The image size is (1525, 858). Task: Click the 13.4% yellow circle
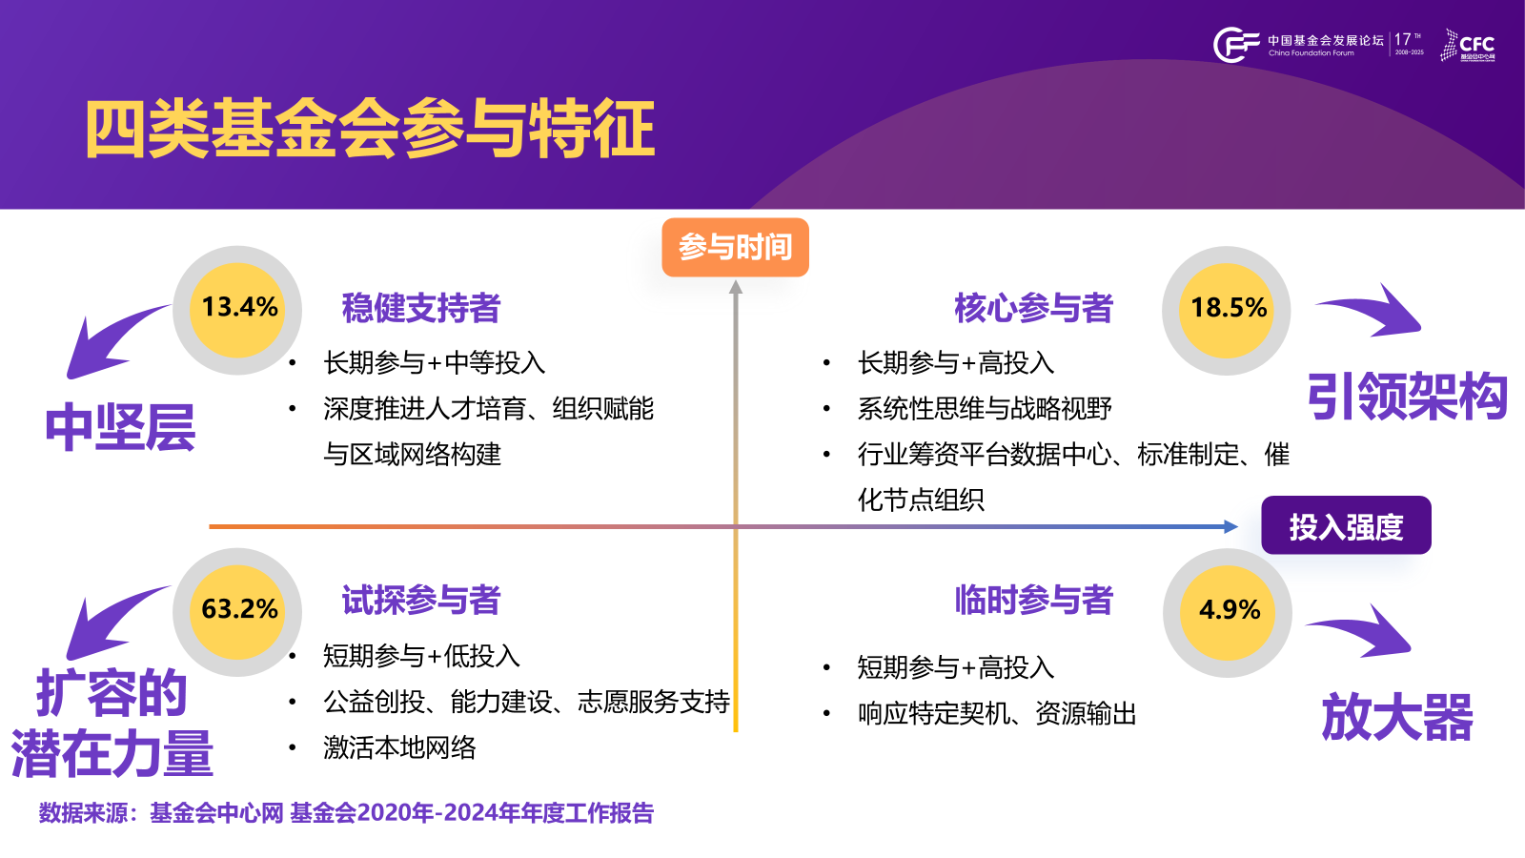point(238,309)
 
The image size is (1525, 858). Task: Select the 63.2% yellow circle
point(238,610)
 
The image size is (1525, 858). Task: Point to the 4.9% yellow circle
point(1228,611)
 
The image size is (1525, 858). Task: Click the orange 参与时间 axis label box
point(735,248)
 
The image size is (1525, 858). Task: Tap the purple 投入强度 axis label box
point(1346,525)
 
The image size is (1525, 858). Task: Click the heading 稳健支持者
point(420,308)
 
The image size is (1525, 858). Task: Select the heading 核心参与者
point(1033,308)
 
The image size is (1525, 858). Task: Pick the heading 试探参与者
point(420,601)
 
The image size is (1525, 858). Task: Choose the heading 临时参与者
point(1033,601)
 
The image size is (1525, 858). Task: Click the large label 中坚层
point(120,428)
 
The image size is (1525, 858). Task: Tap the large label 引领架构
point(1407,397)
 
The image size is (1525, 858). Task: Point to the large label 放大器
point(1397,718)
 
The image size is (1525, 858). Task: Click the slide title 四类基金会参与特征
point(370,129)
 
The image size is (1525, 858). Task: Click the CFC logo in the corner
point(1469,45)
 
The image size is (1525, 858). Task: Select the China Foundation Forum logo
point(1296,45)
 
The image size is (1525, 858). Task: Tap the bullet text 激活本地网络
point(399,747)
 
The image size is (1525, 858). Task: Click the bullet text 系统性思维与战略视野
point(985,409)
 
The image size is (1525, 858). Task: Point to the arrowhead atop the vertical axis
point(736,287)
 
